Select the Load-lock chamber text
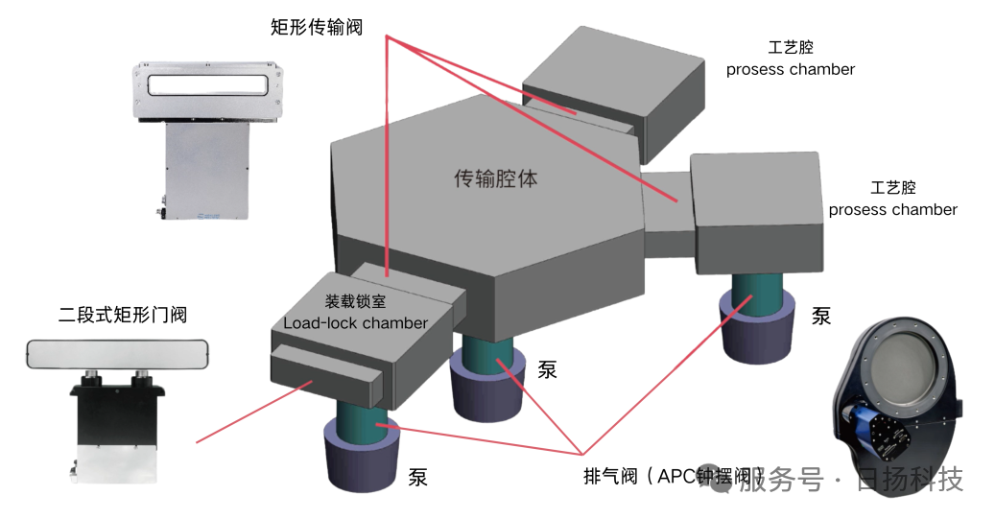355,323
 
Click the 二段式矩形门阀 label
122,313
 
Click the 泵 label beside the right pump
821,316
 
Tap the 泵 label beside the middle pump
547,369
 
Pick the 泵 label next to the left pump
418,476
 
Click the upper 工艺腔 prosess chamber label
791,59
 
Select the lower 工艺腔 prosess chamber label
892,199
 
